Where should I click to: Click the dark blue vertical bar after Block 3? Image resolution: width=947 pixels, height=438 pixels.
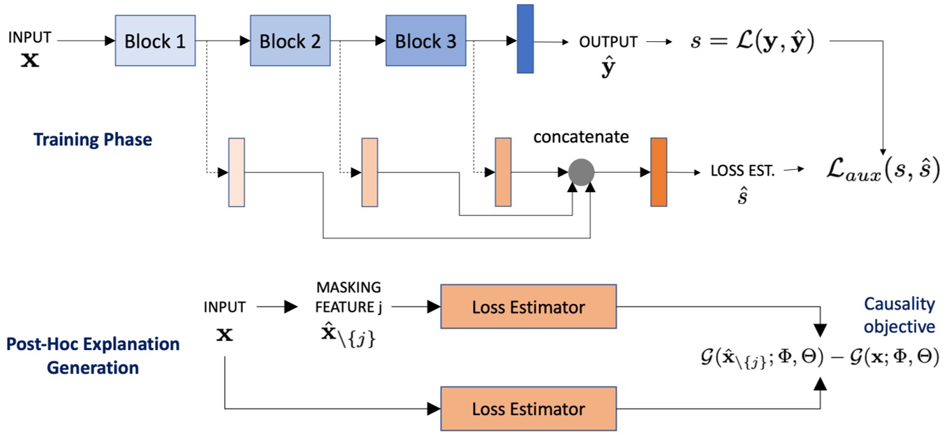pyautogui.click(x=524, y=39)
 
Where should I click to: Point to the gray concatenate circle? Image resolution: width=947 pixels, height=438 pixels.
pyautogui.click(x=581, y=171)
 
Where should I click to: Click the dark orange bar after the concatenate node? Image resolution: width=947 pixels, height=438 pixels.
pyautogui.click(x=658, y=172)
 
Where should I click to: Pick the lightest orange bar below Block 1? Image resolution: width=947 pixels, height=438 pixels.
pyautogui.click(x=237, y=173)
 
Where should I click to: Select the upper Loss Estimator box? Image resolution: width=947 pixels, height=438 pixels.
pyautogui.click(x=528, y=307)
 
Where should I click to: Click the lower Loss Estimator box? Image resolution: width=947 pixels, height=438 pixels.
pyautogui.click(x=528, y=408)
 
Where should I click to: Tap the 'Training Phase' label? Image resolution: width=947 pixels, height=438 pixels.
pyautogui.click(x=92, y=139)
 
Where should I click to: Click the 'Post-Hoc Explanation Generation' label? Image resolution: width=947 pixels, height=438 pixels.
pyautogui.click(x=93, y=356)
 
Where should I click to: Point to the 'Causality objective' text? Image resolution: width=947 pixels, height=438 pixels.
pyautogui.click(x=899, y=314)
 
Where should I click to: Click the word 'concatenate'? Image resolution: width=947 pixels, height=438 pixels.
pyautogui.click(x=581, y=137)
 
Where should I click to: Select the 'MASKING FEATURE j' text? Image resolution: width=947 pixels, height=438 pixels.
pyautogui.click(x=348, y=296)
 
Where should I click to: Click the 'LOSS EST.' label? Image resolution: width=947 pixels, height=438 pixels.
pyautogui.click(x=742, y=170)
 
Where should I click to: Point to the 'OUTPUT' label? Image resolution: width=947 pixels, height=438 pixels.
pyautogui.click(x=608, y=42)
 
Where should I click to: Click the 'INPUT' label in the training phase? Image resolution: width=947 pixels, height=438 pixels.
pyautogui.click(x=29, y=38)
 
